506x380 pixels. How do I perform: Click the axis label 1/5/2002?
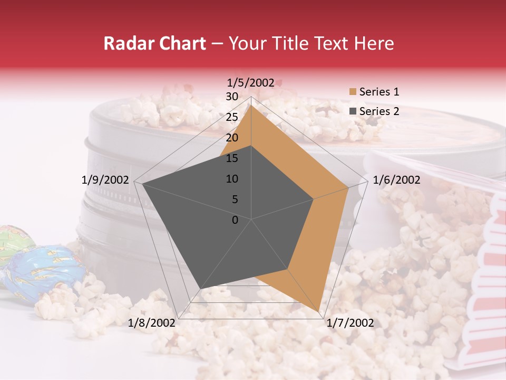click(x=251, y=82)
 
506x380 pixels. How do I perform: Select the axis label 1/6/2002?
click(x=396, y=180)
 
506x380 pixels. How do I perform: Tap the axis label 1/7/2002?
click(x=350, y=322)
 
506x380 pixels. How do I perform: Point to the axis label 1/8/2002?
click(x=152, y=322)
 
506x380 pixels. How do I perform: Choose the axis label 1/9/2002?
click(x=105, y=180)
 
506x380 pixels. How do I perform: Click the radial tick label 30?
click(x=232, y=97)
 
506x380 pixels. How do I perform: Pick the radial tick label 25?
click(x=232, y=117)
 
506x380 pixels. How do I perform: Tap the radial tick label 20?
click(x=232, y=138)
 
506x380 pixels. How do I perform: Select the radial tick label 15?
click(x=232, y=158)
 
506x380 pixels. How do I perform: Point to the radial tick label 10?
click(x=232, y=179)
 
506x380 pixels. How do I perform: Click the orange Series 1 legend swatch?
click(x=353, y=92)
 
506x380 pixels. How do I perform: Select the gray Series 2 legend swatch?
click(x=353, y=111)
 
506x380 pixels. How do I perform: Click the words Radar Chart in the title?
click(x=154, y=43)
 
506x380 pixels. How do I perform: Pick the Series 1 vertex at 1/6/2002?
click(x=348, y=186)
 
